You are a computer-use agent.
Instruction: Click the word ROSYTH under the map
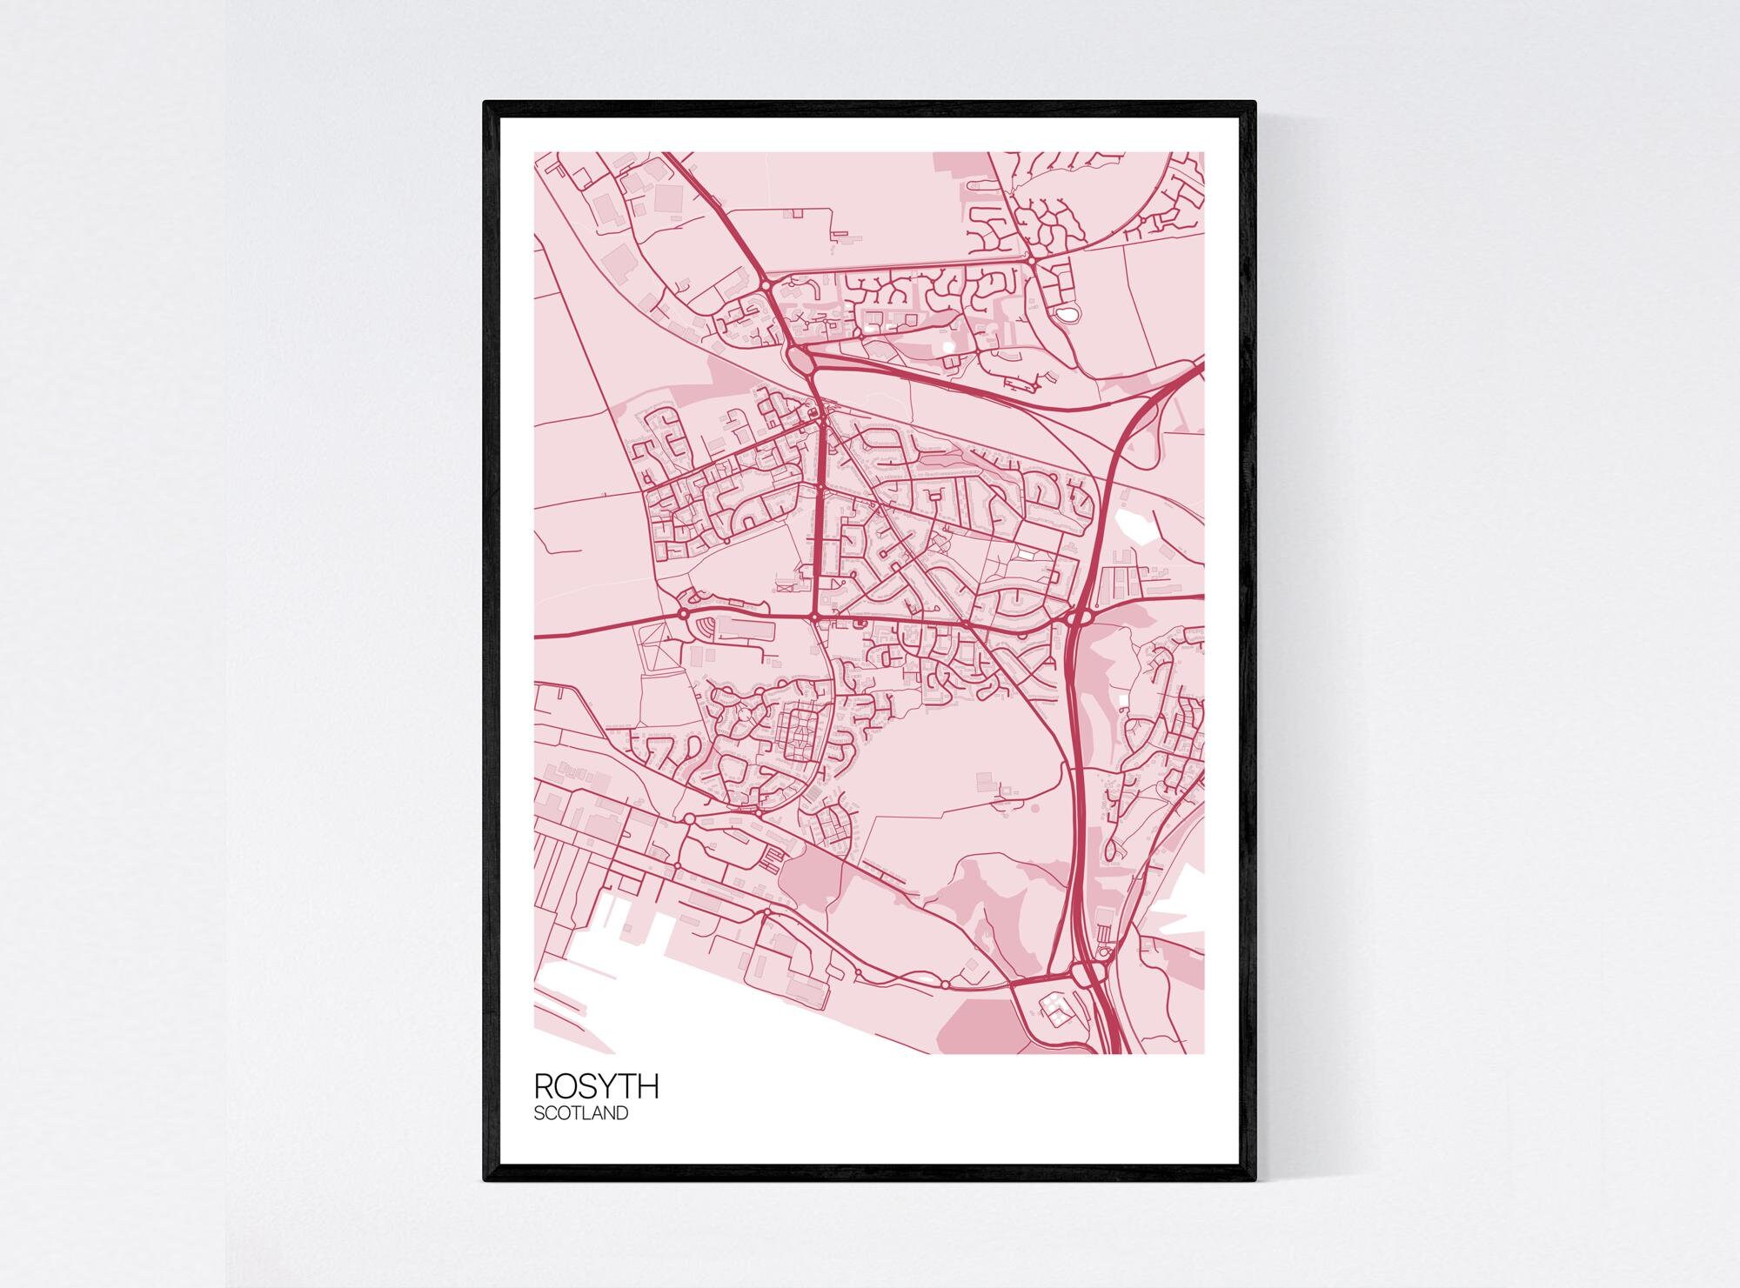[x=596, y=1086]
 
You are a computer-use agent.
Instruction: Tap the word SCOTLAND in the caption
[x=580, y=1113]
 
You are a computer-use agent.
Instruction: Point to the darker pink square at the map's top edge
[x=961, y=164]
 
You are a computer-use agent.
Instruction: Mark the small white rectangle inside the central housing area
[x=1029, y=551]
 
